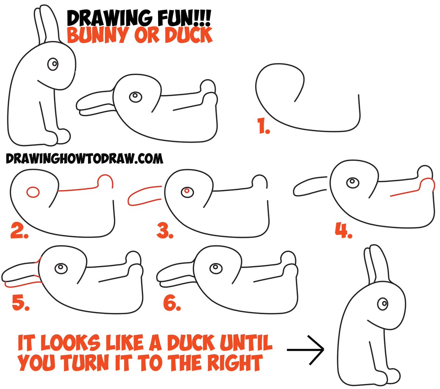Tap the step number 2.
click(19, 231)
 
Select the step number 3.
click(165, 231)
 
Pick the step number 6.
click(172, 303)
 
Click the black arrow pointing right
click(305, 350)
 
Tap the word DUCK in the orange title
click(188, 35)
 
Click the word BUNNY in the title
click(98, 35)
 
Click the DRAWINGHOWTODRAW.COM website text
click(84, 158)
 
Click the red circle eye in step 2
click(33, 192)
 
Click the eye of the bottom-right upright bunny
click(383, 304)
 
